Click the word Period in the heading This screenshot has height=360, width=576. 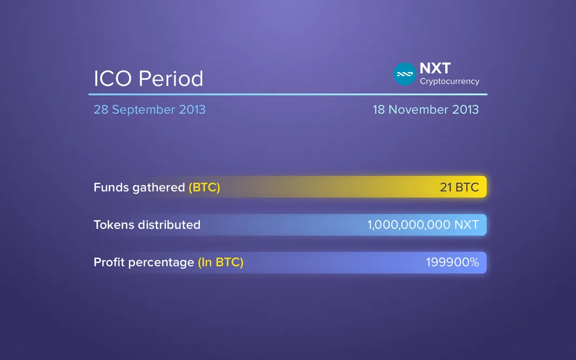(171, 79)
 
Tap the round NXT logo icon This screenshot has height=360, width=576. (405, 74)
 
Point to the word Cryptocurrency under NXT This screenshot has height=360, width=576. (450, 81)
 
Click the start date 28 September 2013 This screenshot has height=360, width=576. (150, 110)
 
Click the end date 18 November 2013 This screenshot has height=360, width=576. (425, 110)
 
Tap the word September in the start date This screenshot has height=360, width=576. (143, 110)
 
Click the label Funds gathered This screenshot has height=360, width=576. (139, 187)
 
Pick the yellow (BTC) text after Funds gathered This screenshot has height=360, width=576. (204, 187)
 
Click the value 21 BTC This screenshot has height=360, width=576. (459, 187)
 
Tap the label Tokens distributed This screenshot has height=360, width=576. (147, 225)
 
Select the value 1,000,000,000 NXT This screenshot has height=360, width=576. (423, 225)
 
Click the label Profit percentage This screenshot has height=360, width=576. (144, 262)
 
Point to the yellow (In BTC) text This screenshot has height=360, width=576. (220, 262)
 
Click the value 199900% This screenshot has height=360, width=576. (452, 262)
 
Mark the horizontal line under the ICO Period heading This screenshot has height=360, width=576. (288, 94)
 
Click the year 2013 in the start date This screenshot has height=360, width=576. (192, 110)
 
